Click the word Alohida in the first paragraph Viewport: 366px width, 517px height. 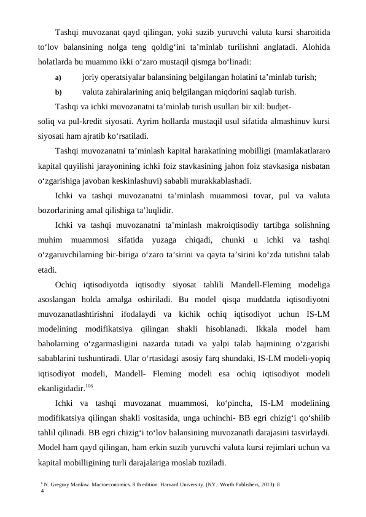coord(312,47)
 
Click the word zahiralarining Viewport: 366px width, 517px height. coord(130,93)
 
